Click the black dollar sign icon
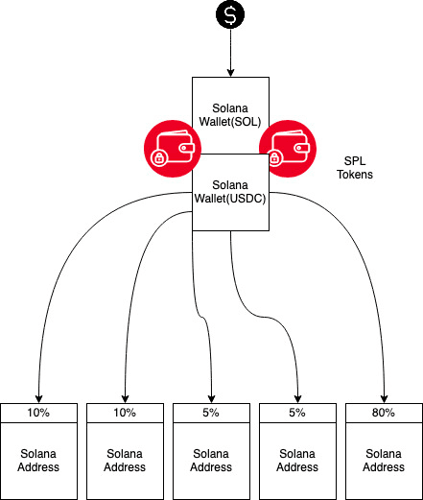point(230,14)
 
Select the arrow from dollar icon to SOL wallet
point(230,52)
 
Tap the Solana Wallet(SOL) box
point(230,112)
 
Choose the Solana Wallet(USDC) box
point(230,192)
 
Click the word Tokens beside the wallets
point(360,176)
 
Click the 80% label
point(385,413)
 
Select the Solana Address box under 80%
point(385,460)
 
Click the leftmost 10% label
point(38,413)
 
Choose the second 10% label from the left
point(125,413)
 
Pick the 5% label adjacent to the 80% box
point(297,413)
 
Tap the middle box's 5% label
point(211,413)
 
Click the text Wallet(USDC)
point(230,199)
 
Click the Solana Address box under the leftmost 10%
point(38,460)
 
